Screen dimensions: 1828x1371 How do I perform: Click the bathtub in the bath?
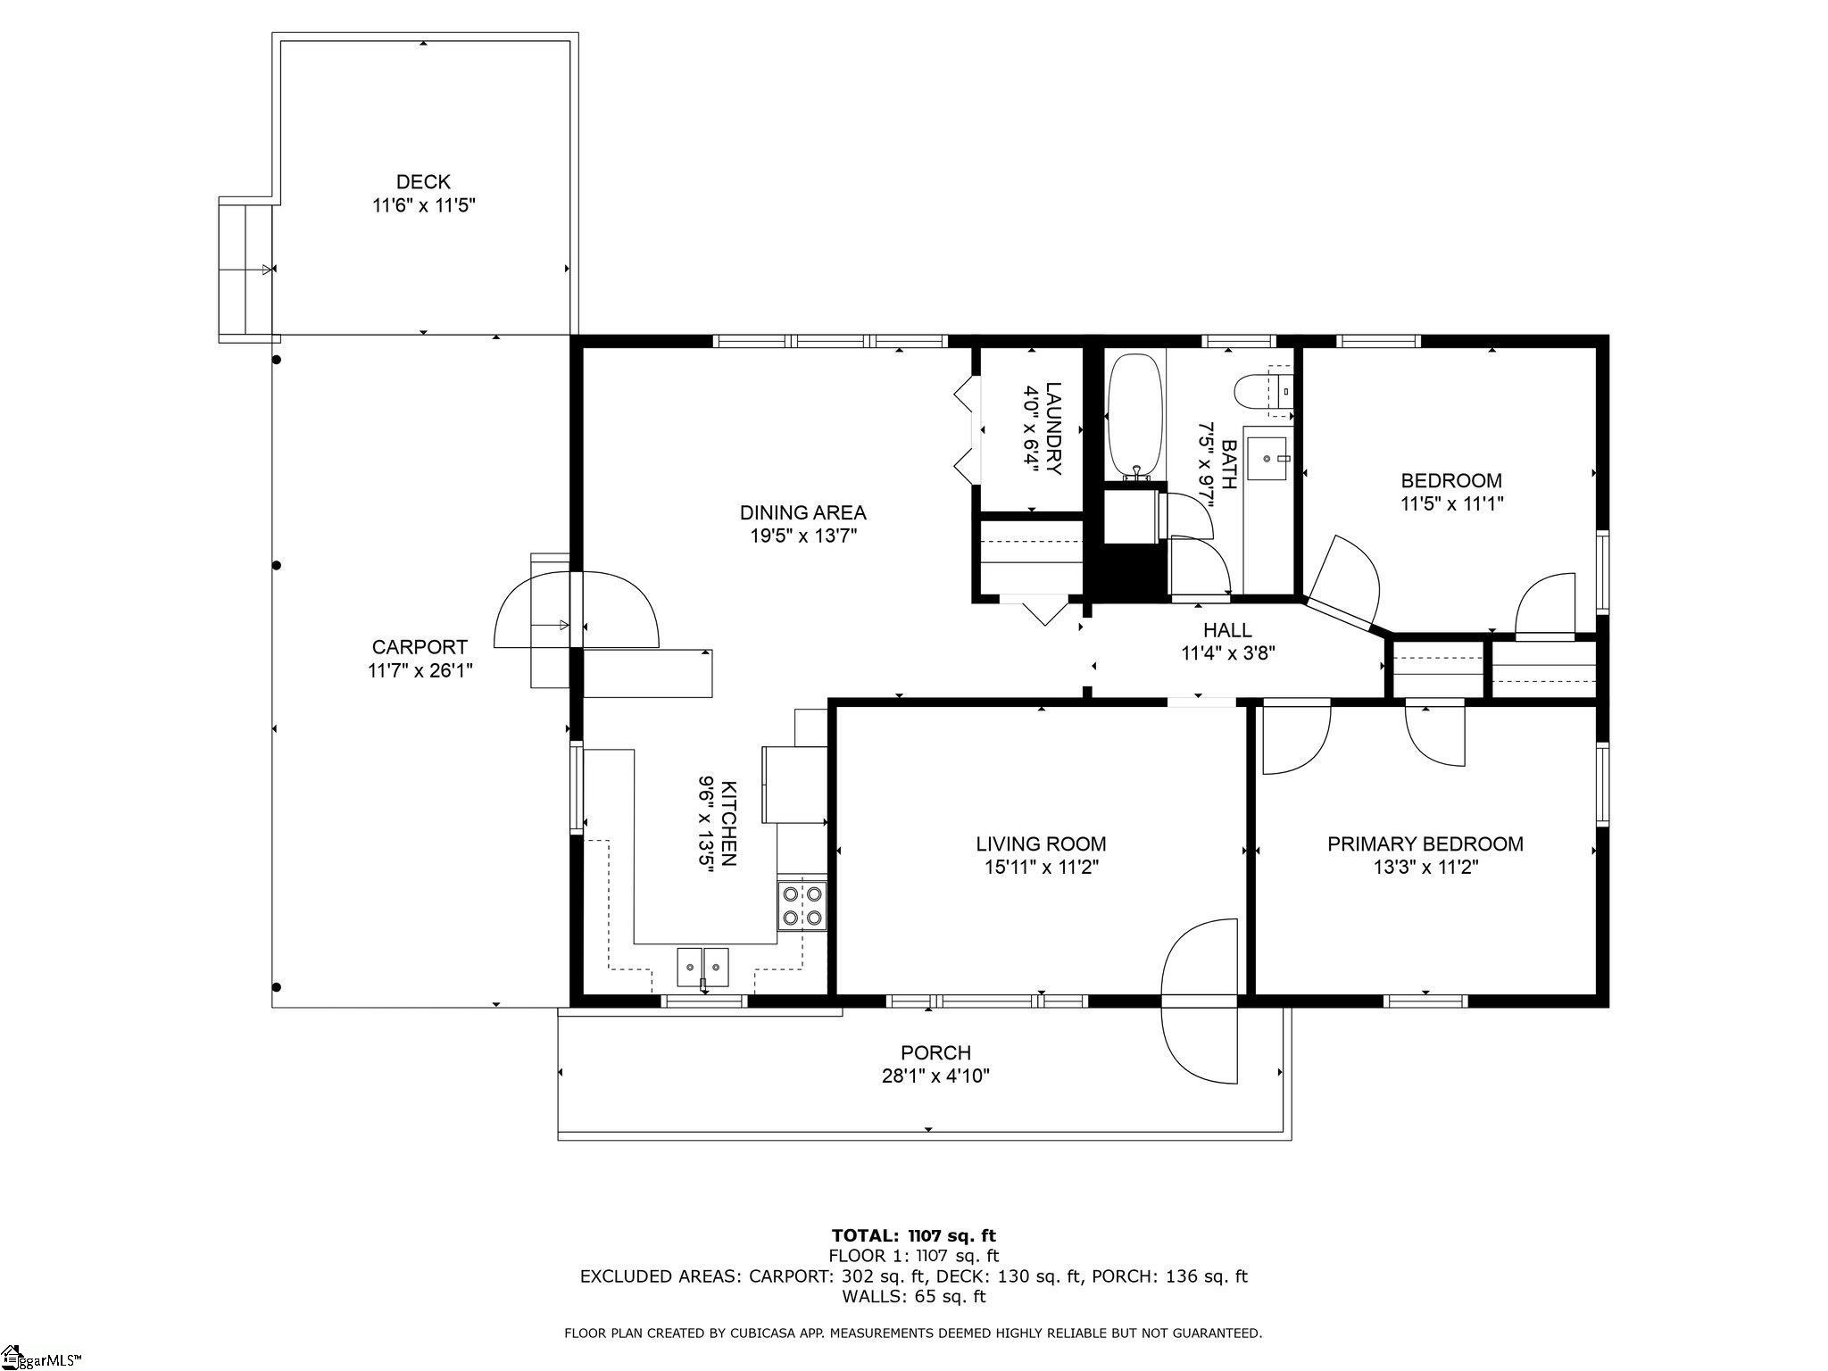tap(1135, 417)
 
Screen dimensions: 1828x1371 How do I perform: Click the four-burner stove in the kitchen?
tap(802, 905)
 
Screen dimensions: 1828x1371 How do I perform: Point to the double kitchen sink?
tap(703, 967)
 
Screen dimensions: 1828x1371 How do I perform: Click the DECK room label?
tap(424, 182)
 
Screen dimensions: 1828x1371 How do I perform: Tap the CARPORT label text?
tap(420, 647)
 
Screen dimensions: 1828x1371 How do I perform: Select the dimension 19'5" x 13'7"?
tap(803, 536)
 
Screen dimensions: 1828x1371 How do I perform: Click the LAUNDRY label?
tap(1054, 428)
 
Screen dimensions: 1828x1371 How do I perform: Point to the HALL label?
tap(1227, 630)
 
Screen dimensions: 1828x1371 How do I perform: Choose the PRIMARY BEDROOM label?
tap(1425, 843)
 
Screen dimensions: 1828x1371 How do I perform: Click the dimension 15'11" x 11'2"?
tap(1041, 867)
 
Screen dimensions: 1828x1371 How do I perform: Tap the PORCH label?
tap(935, 1053)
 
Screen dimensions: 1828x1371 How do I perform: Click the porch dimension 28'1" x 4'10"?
tap(935, 1076)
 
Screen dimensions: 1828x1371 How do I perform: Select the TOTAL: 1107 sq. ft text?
tap(914, 1236)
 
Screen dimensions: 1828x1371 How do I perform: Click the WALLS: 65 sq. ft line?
tap(914, 1296)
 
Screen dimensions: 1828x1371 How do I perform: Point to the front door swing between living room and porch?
tap(1200, 1001)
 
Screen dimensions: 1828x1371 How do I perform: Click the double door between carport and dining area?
tap(577, 611)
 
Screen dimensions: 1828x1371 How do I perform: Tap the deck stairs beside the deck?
tap(246, 269)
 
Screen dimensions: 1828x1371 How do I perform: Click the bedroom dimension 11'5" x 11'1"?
tap(1451, 503)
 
